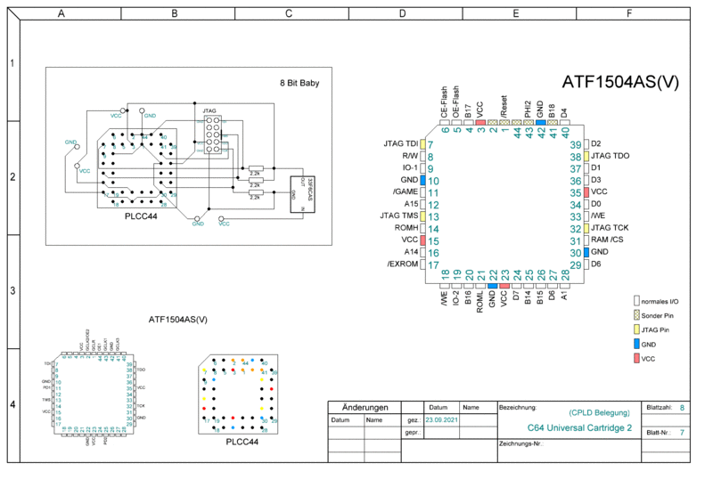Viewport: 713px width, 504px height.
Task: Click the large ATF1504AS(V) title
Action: pyautogui.click(x=620, y=82)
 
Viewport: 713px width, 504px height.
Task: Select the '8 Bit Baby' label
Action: pyautogui.click(x=299, y=84)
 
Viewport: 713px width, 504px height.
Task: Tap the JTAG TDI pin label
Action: pyautogui.click(x=399, y=144)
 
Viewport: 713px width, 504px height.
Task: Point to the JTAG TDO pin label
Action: pyautogui.click(x=611, y=156)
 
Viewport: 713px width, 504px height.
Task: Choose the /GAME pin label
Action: pyautogui.click(x=404, y=191)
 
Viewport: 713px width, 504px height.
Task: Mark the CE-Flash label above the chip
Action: pyautogui.click(x=445, y=103)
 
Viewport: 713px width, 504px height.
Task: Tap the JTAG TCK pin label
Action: pyautogui.click(x=611, y=228)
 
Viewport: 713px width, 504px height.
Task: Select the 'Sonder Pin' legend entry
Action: pyautogui.click(x=660, y=316)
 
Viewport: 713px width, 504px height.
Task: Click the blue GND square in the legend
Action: pyautogui.click(x=636, y=344)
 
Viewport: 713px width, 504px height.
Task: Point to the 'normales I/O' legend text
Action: pyautogui.click(x=660, y=302)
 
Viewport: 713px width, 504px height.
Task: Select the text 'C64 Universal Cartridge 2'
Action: pyautogui.click(x=578, y=427)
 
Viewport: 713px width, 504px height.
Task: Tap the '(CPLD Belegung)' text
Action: pyautogui.click(x=598, y=413)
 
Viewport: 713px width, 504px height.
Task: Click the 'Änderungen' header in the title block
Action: pyautogui.click(x=364, y=406)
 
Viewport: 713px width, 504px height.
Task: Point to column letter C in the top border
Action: pyautogui.click(x=288, y=13)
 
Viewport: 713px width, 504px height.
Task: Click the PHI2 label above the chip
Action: pyautogui.click(x=528, y=110)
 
